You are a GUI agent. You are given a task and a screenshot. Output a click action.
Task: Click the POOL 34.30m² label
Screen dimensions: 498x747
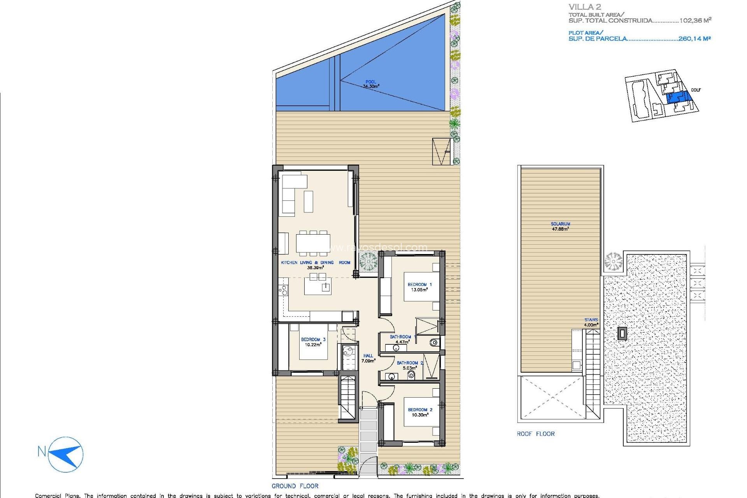pos(371,84)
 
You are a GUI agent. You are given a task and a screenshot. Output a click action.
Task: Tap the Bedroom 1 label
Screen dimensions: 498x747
pos(419,287)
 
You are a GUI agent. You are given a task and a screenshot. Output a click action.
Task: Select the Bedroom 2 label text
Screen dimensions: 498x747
pos(420,412)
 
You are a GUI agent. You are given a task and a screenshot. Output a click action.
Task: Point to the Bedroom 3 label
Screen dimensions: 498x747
pos(313,342)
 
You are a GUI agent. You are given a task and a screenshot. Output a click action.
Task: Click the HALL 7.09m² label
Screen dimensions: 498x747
pos(368,358)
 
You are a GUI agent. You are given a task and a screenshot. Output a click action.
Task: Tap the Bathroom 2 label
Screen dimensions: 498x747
pos(410,365)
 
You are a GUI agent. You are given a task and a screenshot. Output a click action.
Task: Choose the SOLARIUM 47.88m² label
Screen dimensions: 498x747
pos(560,226)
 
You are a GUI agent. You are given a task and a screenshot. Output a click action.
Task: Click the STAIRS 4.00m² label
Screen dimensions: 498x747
pos(591,322)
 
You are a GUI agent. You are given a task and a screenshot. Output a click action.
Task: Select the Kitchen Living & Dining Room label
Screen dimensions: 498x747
pos(316,265)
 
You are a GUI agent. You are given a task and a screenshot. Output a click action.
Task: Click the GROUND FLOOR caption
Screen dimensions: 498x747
pos(295,486)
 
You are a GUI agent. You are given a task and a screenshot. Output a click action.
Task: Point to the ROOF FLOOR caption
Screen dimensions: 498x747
pos(535,434)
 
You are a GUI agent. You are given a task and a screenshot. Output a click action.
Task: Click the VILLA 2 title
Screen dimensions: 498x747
pos(585,7)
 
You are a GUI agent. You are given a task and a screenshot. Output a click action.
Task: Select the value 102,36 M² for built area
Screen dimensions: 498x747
pos(695,21)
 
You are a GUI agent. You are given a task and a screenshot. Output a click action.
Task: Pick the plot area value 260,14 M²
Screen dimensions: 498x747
pos(694,39)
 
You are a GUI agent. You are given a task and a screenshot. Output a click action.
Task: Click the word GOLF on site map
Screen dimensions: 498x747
pos(696,90)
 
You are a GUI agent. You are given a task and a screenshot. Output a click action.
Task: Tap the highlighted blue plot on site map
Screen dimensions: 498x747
pos(678,97)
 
